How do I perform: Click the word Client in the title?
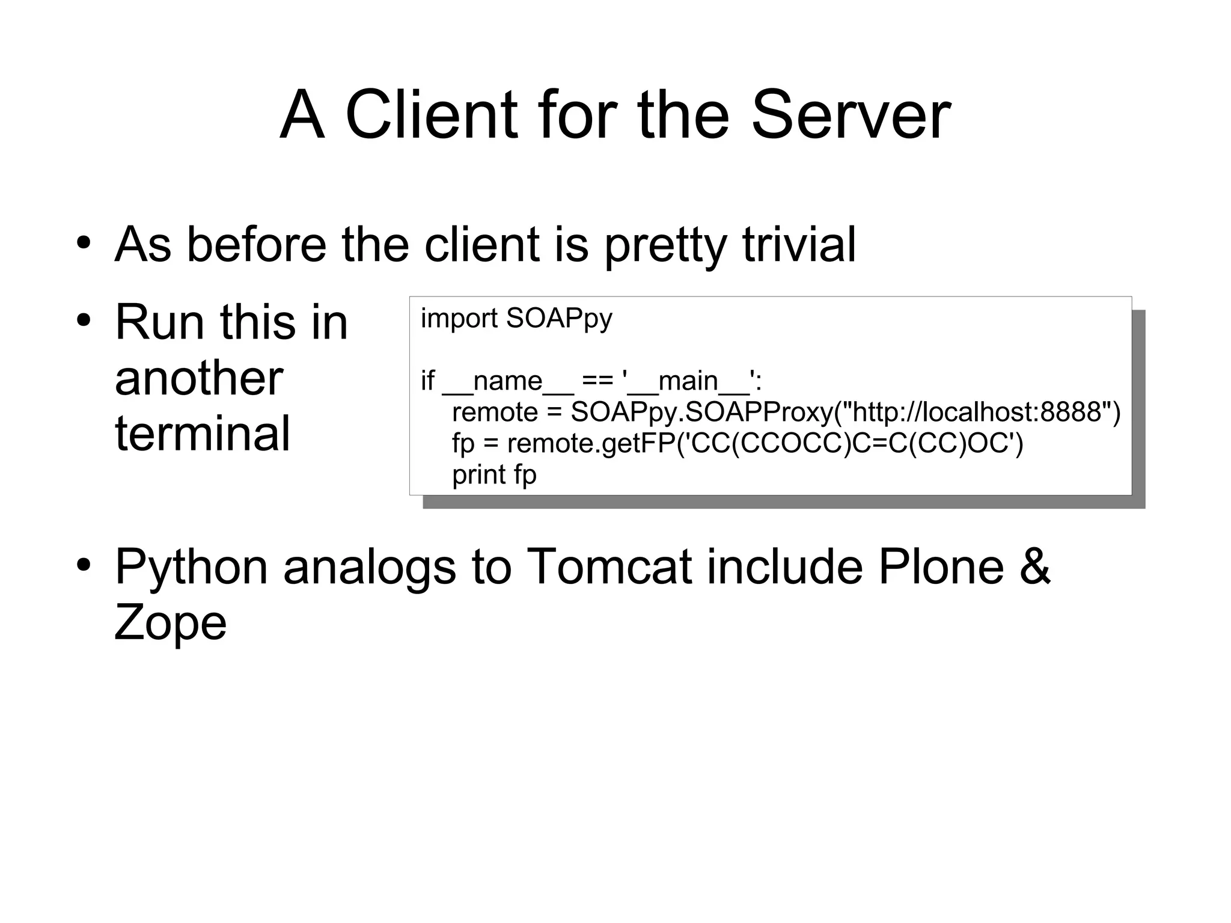[x=430, y=115]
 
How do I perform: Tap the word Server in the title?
[x=850, y=115]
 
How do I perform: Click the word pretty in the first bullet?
[x=665, y=245]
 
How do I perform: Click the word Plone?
[x=941, y=566]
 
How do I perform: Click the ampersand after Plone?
[x=1035, y=566]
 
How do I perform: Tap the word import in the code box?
[x=459, y=318]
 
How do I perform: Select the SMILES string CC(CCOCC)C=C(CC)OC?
[x=849, y=443]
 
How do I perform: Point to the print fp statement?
[x=493, y=474]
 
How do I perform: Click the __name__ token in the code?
[x=508, y=381]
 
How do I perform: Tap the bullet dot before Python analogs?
[x=84, y=565]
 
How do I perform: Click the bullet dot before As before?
[x=84, y=244]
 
